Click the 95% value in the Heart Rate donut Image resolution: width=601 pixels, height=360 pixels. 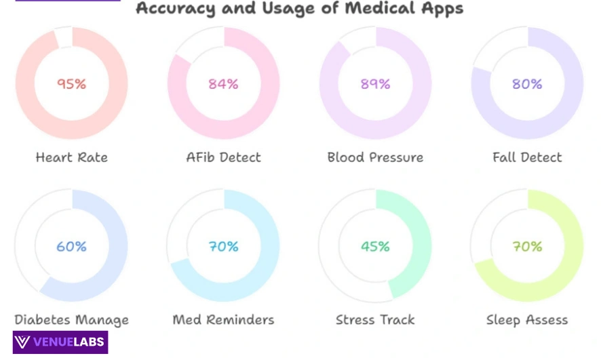tap(71, 84)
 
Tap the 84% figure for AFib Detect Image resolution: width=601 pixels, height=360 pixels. tap(223, 84)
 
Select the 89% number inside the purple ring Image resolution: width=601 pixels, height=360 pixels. tap(375, 84)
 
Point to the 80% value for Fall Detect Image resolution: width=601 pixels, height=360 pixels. tap(527, 84)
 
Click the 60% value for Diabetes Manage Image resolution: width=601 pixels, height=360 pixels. tap(71, 247)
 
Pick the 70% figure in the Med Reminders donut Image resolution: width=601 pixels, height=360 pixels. tap(223, 247)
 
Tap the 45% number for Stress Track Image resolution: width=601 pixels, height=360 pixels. tap(375, 247)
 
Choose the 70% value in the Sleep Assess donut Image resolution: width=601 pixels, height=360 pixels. tap(527, 247)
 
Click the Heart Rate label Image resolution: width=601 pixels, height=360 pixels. tap(71, 157)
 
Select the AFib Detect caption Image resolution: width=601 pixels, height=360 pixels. tap(223, 157)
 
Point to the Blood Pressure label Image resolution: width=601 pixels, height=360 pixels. tap(375, 157)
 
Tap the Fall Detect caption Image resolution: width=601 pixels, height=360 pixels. tap(527, 157)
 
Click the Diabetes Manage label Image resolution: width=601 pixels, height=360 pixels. tap(71, 319)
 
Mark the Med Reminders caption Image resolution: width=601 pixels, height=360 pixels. tap(223, 319)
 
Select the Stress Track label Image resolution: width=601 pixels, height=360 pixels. tap(375, 319)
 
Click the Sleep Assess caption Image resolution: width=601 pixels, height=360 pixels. tap(527, 319)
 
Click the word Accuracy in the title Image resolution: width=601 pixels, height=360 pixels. tap(169, 8)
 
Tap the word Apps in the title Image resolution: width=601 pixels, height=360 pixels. tap(441, 8)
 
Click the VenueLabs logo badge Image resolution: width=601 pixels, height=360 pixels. tap(60, 342)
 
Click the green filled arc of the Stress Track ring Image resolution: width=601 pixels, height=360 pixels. tap(422, 245)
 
